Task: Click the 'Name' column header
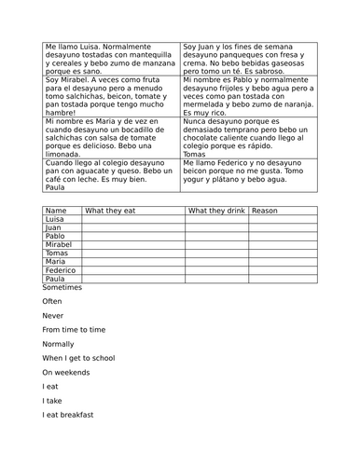point(55,211)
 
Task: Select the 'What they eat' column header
point(110,211)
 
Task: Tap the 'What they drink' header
point(215,211)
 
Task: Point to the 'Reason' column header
point(265,211)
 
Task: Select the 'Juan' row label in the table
point(53,227)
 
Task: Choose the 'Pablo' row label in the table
point(55,237)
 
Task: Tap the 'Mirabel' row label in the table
point(59,245)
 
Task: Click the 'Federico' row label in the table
point(61,270)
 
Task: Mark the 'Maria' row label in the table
point(55,262)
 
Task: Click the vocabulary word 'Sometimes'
point(62,288)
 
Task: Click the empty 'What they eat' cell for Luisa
point(132,219)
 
